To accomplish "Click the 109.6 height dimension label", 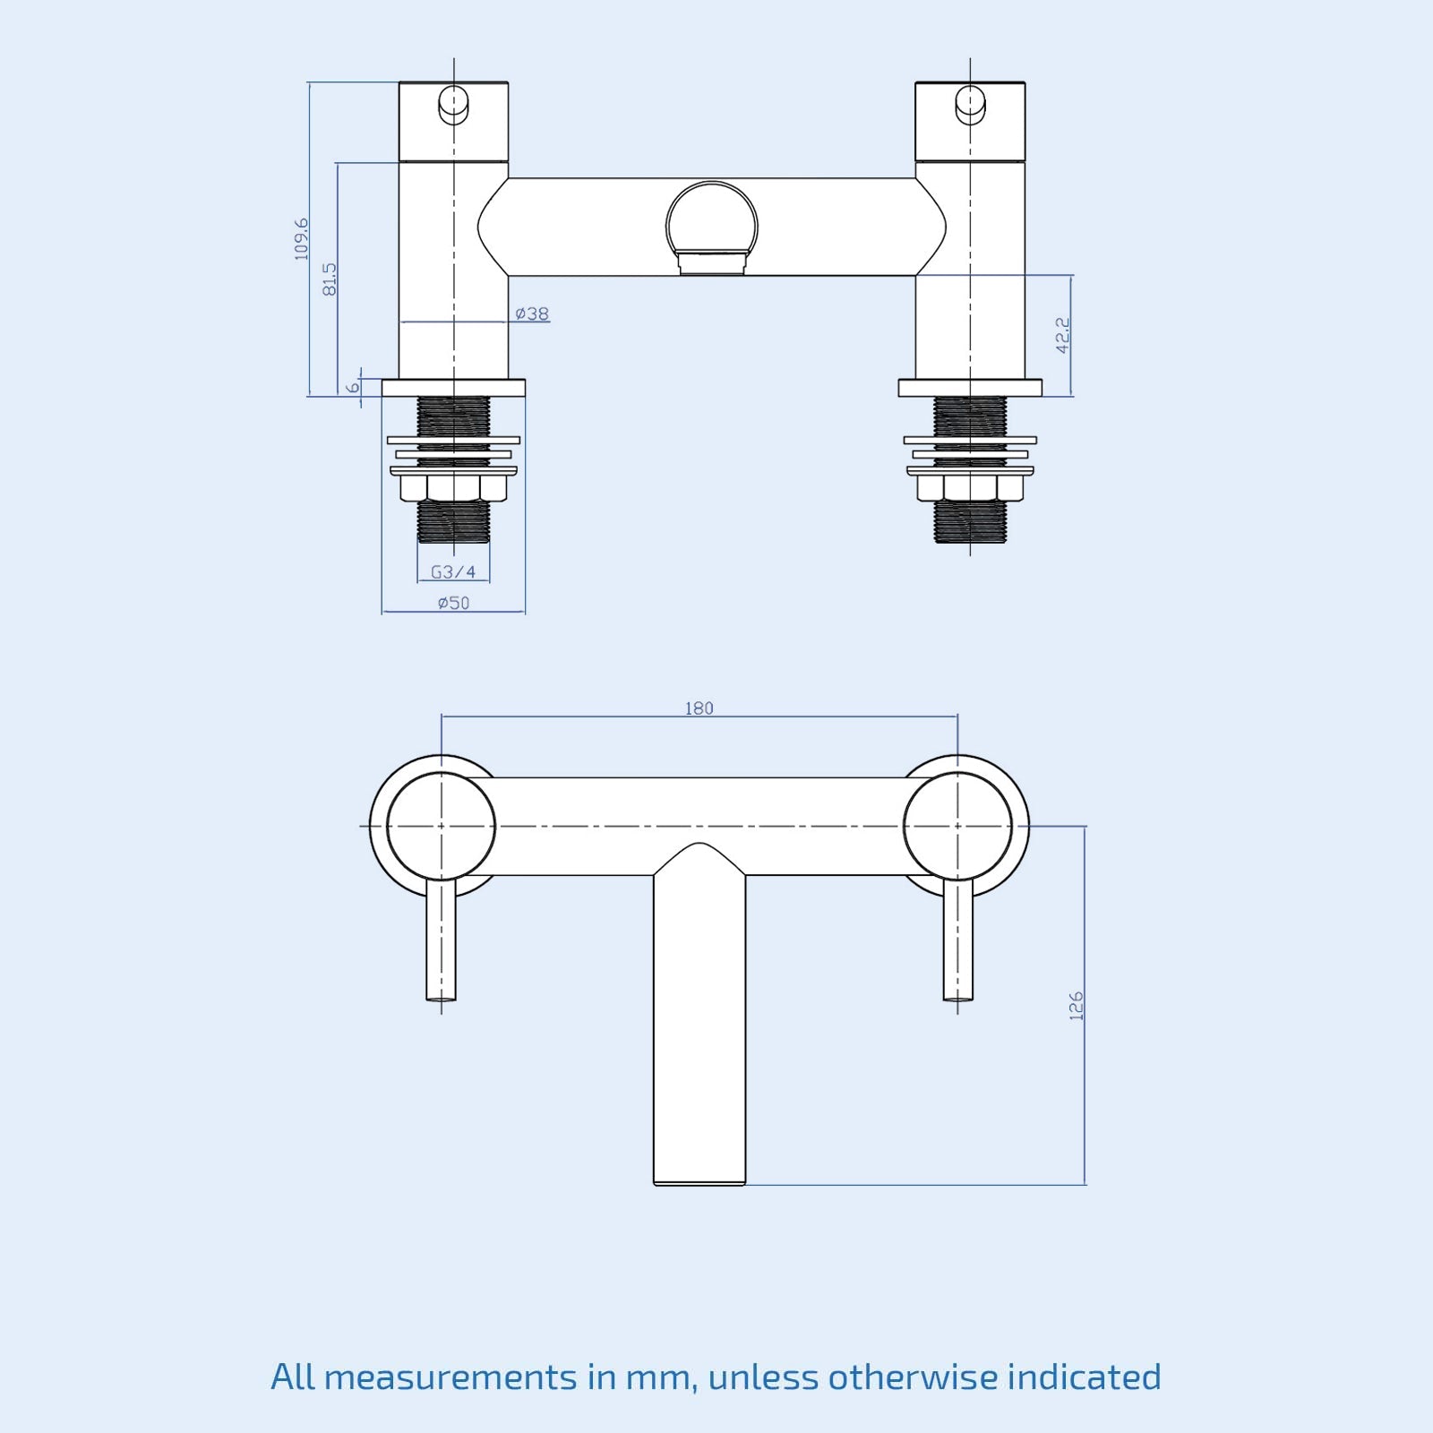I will tap(302, 238).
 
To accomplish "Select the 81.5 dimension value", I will tap(330, 279).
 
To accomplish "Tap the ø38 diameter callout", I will tap(532, 313).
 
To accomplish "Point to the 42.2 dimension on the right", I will tap(1062, 334).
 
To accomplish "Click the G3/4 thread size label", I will tap(453, 571).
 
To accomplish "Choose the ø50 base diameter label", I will tap(453, 603).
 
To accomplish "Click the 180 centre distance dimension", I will tap(699, 708).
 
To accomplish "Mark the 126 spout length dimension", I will tap(1076, 1005).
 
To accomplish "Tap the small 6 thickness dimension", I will tap(354, 387).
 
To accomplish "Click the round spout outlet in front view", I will tap(712, 224).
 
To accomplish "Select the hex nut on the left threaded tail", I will tap(453, 487).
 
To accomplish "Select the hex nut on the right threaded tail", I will tap(970, 487).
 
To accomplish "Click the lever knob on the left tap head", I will tap(453, 104).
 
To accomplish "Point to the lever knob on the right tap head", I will tap(970, 104).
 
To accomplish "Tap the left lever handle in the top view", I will tap(441, 940).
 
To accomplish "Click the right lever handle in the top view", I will tap(957, 940).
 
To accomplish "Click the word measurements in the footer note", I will tap(450, 1377).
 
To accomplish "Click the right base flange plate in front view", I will tap(970, 388).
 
